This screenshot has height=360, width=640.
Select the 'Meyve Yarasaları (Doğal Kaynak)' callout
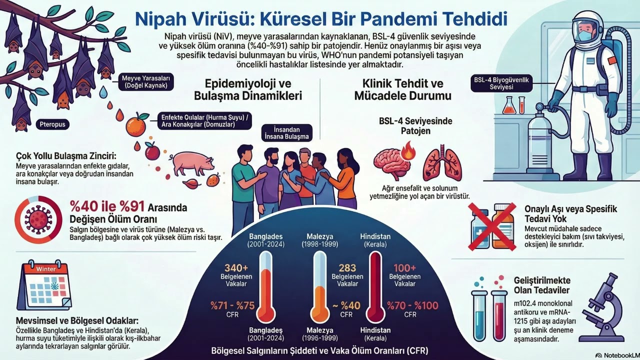tap(146, 81)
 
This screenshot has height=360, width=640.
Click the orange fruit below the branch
tap(135, 125)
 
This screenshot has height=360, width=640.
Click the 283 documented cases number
tap(347, 268)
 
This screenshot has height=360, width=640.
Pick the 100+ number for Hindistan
tap(404, 268)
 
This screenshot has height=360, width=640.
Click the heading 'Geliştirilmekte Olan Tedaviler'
tap(542, 285)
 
